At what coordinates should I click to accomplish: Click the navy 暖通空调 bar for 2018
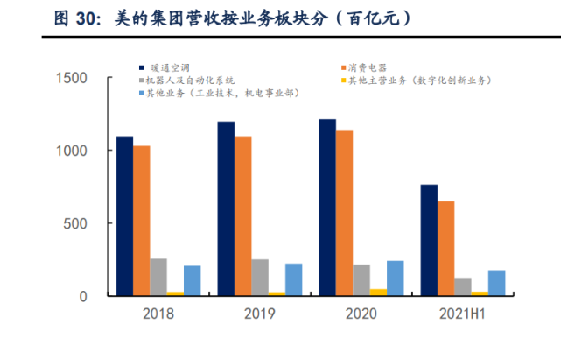tap(124, 215)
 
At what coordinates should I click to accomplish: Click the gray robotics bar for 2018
tap(158, 277)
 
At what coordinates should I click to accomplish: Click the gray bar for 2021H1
tap(463, 286)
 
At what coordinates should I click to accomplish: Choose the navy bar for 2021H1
tap(429, 240)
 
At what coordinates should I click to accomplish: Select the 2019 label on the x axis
tap(259, 313)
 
